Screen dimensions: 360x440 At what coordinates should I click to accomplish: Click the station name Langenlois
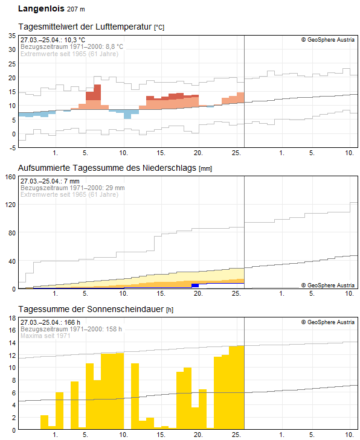coord(41,8)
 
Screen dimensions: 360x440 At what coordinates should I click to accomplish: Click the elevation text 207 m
coord(76,9)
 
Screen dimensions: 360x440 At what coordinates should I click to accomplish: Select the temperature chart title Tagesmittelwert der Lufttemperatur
coord(85,27)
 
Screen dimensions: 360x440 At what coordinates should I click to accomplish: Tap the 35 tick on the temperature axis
coord(12,36)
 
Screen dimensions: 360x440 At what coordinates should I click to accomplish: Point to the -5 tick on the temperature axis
coord(12,148)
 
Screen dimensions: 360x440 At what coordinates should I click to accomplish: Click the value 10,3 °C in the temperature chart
coord(75,40)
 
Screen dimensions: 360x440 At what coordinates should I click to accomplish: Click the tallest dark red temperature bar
coord(97,92)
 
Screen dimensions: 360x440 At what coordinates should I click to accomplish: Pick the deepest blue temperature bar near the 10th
coord(127,114)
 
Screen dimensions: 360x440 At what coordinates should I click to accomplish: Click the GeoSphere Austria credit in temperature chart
coord(328,40)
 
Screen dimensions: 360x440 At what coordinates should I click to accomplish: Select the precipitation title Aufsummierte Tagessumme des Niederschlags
coord(107,168)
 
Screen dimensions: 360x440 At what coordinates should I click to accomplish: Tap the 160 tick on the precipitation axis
coord(10,177)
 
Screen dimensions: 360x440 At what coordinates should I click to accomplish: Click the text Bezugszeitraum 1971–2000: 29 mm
coord(72,188)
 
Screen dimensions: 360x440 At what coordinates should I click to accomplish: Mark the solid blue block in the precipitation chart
coord(195,285)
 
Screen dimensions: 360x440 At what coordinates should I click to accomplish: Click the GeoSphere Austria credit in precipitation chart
coord(328,285)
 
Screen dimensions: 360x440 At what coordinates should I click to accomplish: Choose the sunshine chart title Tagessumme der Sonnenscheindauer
coord(91,309)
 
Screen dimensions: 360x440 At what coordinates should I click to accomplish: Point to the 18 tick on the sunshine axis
coord(12,318)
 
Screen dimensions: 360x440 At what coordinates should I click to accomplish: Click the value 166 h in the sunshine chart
coord(72,322)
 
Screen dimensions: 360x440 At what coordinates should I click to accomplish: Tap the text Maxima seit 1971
coord(45,336)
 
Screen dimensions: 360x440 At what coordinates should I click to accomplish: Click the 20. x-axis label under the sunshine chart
coord(198,435)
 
